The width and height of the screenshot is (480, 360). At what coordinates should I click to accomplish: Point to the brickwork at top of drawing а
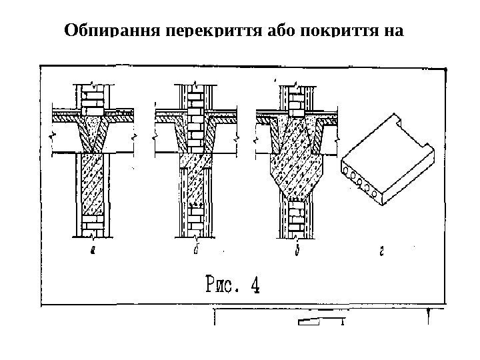(x=93, y=97)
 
